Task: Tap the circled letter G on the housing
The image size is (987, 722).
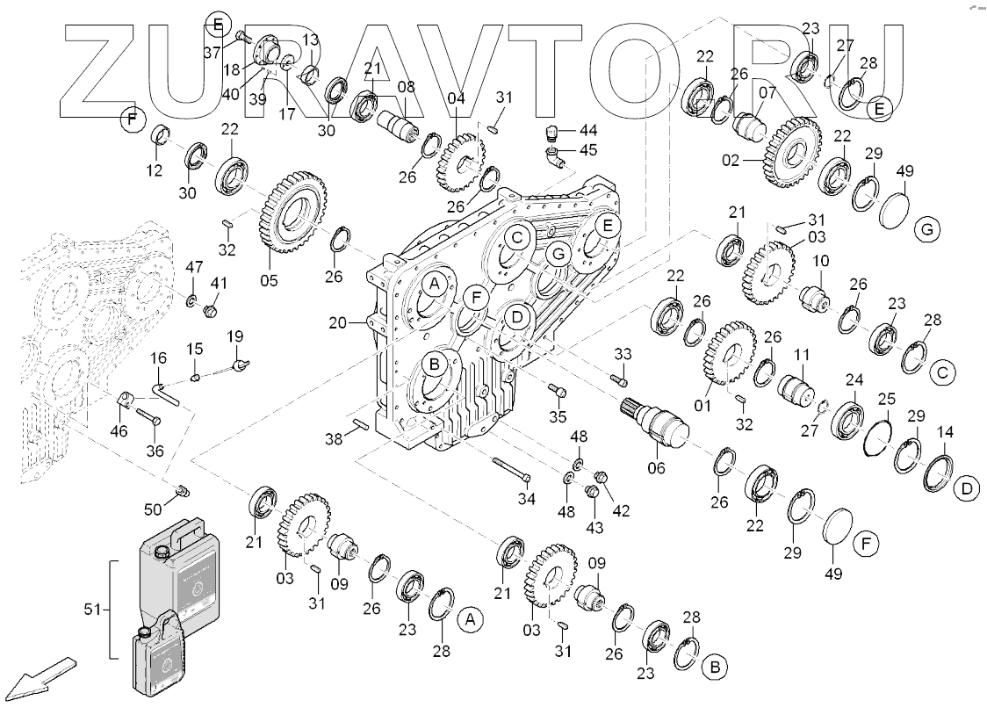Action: (556, 256)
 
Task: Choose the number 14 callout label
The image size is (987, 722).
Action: (945, 432)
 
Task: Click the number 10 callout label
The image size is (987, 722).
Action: (820, 261)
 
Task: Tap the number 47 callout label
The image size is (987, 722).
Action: (194, 266)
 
